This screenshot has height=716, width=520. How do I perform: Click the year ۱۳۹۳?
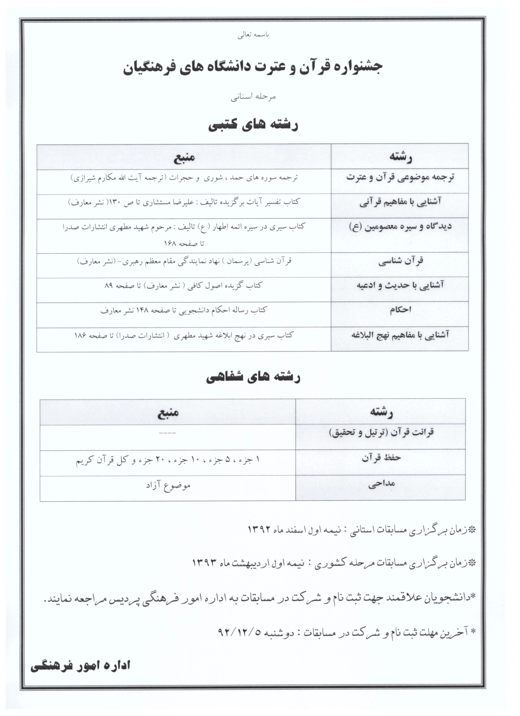pos(204,562)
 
